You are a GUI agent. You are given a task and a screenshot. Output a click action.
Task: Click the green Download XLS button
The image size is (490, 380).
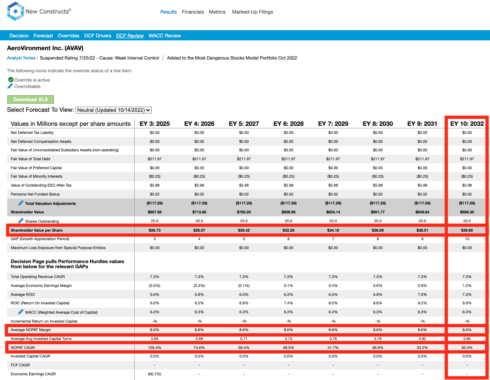[30, 99]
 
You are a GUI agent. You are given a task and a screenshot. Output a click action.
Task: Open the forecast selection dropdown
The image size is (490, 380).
[113, 110]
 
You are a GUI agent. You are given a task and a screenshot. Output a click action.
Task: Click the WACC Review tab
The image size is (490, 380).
[165, 36]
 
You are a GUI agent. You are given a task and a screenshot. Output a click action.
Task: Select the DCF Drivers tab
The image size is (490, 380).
[97, 36]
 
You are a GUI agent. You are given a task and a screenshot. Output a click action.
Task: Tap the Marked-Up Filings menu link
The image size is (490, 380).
[252, 12]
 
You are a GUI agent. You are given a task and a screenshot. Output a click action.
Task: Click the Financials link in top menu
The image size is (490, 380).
[193, 12]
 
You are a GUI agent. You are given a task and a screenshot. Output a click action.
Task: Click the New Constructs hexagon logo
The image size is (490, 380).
[15, 11]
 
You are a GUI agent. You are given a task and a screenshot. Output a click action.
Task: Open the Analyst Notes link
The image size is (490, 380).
[21, 58]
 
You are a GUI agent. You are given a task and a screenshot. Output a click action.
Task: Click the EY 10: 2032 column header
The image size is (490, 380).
[467, 124]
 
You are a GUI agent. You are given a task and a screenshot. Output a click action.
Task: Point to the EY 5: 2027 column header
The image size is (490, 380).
[244, 124]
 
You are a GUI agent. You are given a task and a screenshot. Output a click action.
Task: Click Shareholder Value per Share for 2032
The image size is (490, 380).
[467, 230]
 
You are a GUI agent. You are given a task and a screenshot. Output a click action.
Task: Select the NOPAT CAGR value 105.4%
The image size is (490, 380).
[154, 348]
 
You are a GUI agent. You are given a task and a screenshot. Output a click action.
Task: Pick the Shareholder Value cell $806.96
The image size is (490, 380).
[289, 212]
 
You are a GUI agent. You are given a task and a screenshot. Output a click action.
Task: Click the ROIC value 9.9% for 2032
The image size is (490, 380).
[467, 303]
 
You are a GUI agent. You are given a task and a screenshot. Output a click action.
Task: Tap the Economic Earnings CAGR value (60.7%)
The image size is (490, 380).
[154, 374]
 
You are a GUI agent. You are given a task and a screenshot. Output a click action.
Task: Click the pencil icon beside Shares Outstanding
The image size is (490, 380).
[21, 221]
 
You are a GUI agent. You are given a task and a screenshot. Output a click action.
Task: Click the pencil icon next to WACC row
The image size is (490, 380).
[21, 312]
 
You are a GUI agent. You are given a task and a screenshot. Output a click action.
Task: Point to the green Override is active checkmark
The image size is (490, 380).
[11, 79]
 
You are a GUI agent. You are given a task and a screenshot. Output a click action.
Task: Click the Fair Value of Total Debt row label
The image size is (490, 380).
[31, 159]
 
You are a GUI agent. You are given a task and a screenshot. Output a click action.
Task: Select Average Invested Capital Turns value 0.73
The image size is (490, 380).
[289, 339]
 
